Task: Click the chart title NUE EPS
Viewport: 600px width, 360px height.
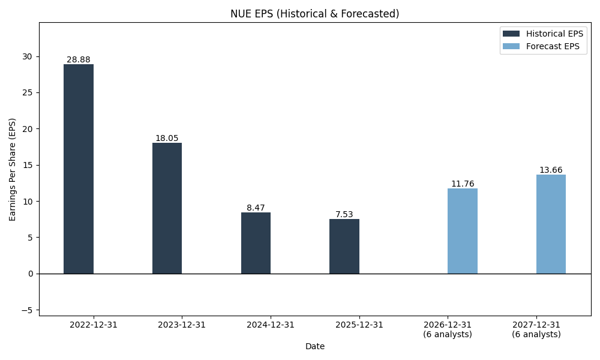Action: pos(314,13)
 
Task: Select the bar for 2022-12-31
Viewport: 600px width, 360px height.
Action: pos(79,169)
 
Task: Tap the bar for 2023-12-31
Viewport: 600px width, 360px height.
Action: pos(167,208)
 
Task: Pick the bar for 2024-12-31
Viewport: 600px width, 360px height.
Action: pos(256,242)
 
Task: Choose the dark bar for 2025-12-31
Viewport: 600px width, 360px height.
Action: pos(344,246)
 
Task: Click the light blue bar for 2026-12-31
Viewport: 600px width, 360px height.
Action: pos(463,231)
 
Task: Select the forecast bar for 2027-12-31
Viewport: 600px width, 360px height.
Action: pos(551,224)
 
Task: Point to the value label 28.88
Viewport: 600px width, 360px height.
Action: pos(79,59)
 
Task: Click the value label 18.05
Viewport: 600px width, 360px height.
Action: pos(167,138)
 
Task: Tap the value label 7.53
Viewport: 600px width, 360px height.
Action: pos(344,214)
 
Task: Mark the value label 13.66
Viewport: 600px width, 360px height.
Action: pos(551,170)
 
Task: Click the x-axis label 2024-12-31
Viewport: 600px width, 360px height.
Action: pos(271,325)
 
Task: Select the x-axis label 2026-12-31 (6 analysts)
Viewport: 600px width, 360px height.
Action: pos(448,329)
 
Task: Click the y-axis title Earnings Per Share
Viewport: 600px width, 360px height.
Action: pos(13,169)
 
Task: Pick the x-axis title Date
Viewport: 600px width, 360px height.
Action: pos(314,346)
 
